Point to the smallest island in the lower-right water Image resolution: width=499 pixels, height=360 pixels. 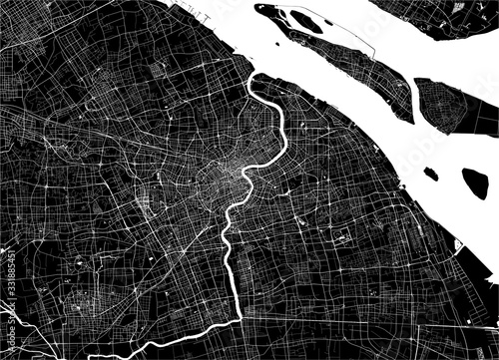(x=430, y=174)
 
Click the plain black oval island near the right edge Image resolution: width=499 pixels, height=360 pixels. (x=474, y=181)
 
